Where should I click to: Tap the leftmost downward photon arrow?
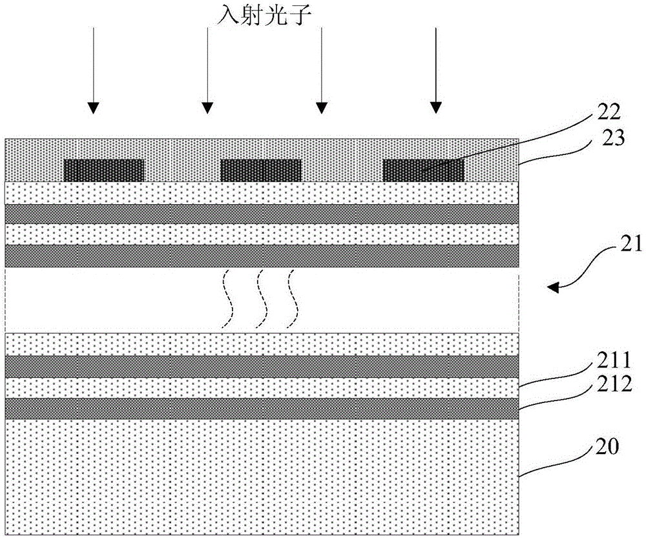pyautogui.click(x=94, y=68)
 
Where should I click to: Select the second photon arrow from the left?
pyautogui.click(x=207, y=68)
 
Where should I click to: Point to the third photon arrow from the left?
pyautogui.click(x=321, y=68)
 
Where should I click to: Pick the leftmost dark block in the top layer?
pyautogui.click(x=103, y=170)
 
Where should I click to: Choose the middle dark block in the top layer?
pyautogui.click(x=261, y=170)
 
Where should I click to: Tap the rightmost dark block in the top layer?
pyautogui.click(x=423, y=170)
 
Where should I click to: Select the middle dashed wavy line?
pyautogui.click(x=262, y=298)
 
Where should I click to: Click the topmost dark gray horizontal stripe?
pyautogui.click(x=262, y=214)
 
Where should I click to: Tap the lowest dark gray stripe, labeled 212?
pyautogui.click(x=262, y=408)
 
